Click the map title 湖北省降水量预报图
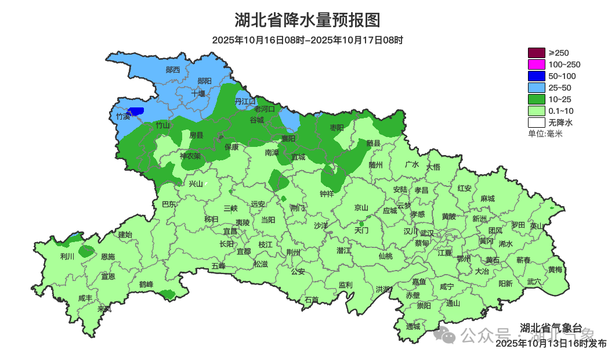(x=307, y=20)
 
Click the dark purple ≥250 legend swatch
(x=536, y=53)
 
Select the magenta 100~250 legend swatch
(x=536, y=64)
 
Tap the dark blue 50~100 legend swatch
(x=536, y=76)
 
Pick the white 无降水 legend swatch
(x=536, y=123)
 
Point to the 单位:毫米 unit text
(x=545, y=134)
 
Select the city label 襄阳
(x=288, y=138)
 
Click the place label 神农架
(x=190, y=156)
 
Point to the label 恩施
(x=108, y=257)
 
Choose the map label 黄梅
(x=555, y=269)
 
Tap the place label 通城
(x=413, y=326)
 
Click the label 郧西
(x=173, y=70)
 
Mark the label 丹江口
(x=245, y=101)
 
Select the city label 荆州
(x=294, y=253)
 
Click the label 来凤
(x=104, y=308)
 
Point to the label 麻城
(x=487, y=199)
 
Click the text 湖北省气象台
(x=550, y=327)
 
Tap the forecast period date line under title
(x=307, y=40)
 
